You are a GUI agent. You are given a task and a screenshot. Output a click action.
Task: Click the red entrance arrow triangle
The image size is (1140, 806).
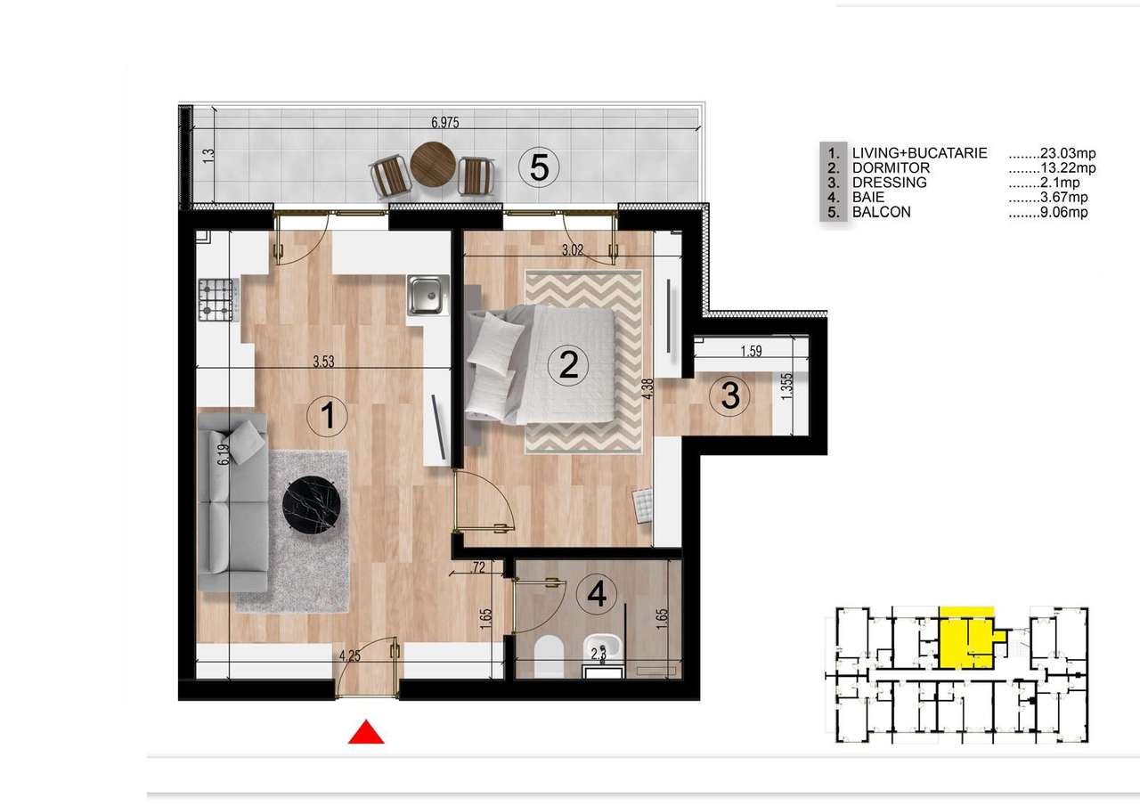click(365, 733)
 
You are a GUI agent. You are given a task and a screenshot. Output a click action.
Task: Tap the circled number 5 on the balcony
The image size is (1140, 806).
click(539, 167)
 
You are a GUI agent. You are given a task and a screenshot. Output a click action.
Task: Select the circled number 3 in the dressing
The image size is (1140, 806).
click(730, 395)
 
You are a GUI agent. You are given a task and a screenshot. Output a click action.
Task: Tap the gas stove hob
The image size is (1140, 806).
click(216, 300)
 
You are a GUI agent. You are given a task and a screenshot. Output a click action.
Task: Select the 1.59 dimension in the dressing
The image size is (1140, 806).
click(750, 352)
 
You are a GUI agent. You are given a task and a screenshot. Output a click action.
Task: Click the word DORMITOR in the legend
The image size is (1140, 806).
click(891, 167)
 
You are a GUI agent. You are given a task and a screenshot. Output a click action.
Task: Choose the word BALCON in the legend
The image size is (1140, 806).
click(881, 212)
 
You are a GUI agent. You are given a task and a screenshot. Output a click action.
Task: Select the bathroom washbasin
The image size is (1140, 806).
click(607, 647)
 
